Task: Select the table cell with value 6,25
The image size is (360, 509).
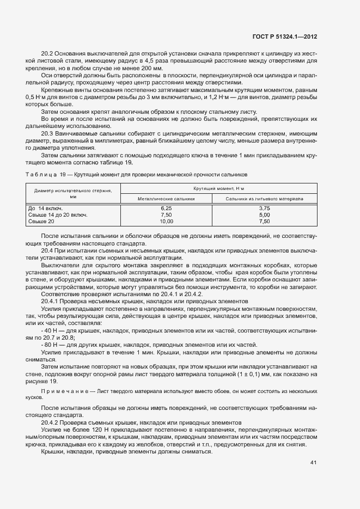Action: point(166,208)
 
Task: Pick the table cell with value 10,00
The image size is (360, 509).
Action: point(166,222)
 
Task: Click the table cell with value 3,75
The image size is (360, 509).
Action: point(265,208)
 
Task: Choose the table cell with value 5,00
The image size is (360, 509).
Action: point(265,215)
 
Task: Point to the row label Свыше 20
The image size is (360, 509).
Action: point(41,222)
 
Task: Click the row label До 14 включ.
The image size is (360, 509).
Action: point(45,208)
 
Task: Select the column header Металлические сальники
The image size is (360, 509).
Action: point(166,199)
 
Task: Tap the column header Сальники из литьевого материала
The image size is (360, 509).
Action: point(265,199)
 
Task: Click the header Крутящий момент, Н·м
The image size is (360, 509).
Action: point(216,188)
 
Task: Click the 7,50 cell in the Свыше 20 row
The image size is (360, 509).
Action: point(265,222)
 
